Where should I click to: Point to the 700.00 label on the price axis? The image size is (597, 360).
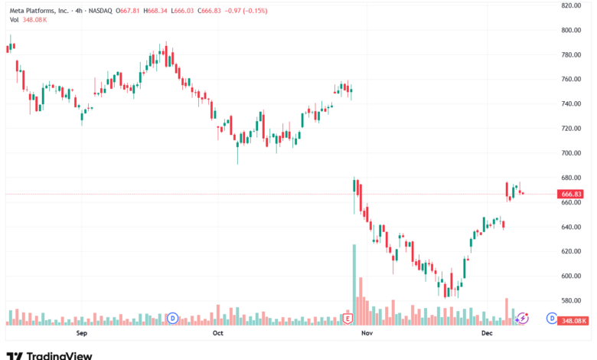point(573,153)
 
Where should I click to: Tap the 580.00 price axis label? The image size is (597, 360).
point(573,300)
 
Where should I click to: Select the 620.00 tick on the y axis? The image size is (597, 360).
point(573,251)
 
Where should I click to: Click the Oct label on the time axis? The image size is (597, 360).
point(218,333)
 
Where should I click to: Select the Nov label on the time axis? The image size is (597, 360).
point(366,333)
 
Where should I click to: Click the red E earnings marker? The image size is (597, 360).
point(347,318)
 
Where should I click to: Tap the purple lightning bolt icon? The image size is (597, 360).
point(524,318)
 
